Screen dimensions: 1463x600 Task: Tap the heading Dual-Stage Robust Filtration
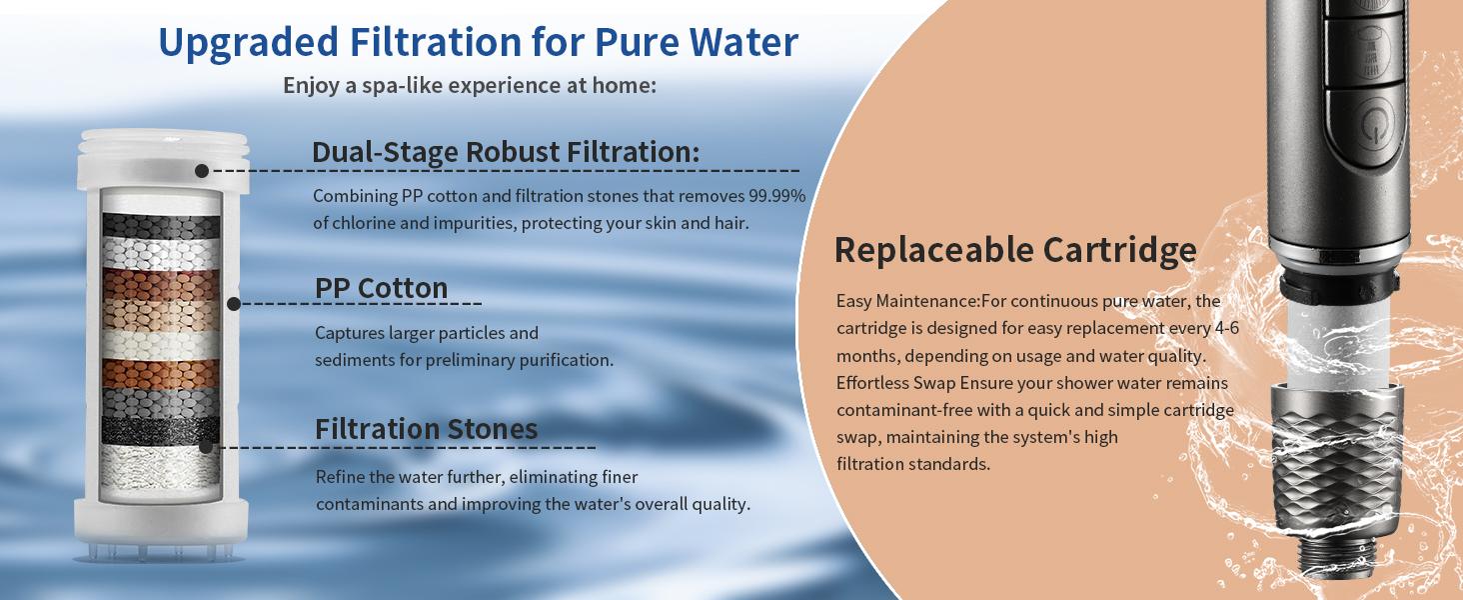coord(506,152)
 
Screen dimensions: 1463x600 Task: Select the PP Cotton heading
coord(381,288)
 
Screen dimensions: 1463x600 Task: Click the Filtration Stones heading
coord(426,429)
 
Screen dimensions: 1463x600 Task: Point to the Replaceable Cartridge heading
coord(1015,250)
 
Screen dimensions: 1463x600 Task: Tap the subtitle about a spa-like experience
coord(470,86)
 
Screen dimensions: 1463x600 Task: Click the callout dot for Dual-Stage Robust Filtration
coord(202,171)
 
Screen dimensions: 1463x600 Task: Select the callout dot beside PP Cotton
coord(234,303)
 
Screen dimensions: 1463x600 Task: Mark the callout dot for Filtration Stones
coord(206,447)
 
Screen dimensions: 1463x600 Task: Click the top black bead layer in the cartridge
coord(161,225)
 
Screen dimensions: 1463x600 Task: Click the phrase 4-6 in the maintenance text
coord(1226,328)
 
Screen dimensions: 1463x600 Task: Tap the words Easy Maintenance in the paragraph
coord(906,301)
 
